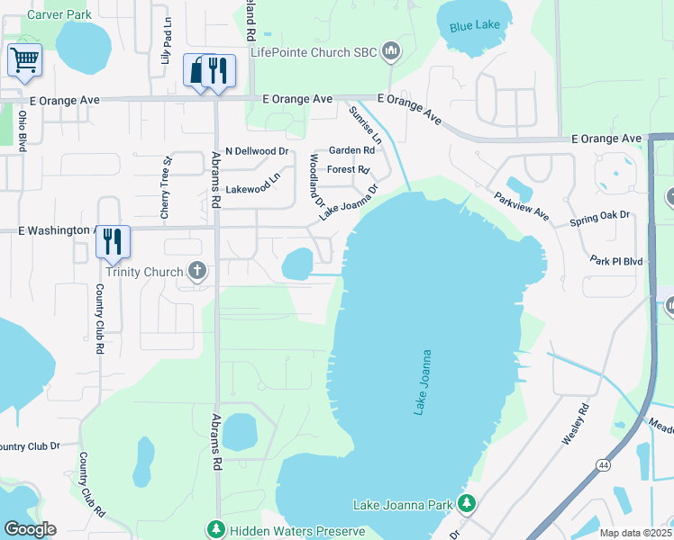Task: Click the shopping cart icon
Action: click(24, 60)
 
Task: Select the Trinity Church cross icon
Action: click(197, 271)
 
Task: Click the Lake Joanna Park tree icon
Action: click(466, 504)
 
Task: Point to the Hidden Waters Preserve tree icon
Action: click(214, 530)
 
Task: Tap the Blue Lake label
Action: click(473, 27)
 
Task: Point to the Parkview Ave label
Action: click(521, 206)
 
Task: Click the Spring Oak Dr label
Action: click(598, 220)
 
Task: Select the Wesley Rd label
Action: click(575, 424)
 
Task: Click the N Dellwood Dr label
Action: click(256, 151)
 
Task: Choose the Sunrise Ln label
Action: click(365, 124)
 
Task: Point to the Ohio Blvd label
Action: click(22, 127)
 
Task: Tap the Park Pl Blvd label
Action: click(617, 261)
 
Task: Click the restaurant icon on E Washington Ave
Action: click(113, 241)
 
